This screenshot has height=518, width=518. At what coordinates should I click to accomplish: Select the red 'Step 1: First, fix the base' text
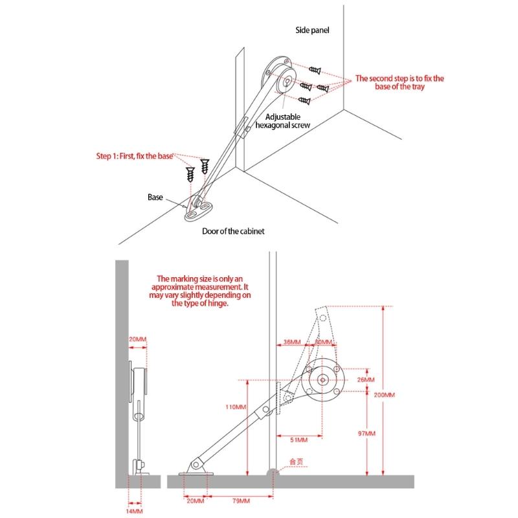pyautogui.click(x=135, y=156)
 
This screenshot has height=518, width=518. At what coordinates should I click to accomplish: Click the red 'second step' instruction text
pyautogui.click(x=399, y=82)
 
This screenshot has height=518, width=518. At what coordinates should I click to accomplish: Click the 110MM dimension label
pyautogui.click(x=236, y=407)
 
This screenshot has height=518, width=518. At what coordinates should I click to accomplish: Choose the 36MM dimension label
pyautogui.click(x=291, y=342)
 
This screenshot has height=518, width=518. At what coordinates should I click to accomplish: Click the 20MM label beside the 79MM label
pyautogui.click(x=194, y=501)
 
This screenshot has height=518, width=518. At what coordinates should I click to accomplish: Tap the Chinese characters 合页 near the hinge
pyautogui.click(x=296, y=462)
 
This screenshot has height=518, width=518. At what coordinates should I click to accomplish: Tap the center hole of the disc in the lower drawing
pyautogui.click(x=322, y=381)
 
